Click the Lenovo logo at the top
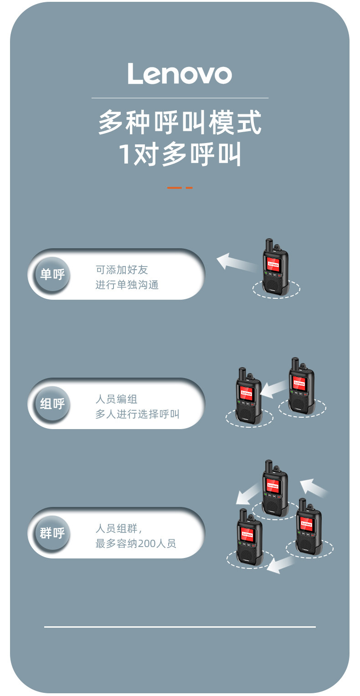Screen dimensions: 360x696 pyautogui.click(x=180, y=74)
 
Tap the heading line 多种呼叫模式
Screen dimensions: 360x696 pyautogui.click(x=180, y=123)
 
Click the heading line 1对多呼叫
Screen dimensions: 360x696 pyautogui.click(x=180, y=154)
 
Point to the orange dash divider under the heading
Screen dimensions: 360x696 pyautogui.click(x=180, y=188)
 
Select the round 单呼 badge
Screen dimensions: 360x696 pyautogui.click(x=52, y=274)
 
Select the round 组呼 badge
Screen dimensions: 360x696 pyautogui.click(x=52, y=404)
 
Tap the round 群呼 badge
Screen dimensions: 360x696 pyautogui.click(x=52, y=533)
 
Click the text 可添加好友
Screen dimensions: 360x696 pyautogui.click(x=122, y=270)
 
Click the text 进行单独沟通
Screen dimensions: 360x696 pyautogui.click(x=127, y=285)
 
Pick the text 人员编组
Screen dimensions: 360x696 pyautogui.click(x=116, y=399)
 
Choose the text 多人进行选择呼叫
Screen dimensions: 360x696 pyautogui.click(x=137, y=414)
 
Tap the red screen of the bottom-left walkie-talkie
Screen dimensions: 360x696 pyautogui.click(x=247, y=534)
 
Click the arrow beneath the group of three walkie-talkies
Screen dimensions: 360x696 pyautogui.click(x=280, y=565)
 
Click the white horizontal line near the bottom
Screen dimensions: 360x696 pyautogui.click(x=180, y=627)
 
